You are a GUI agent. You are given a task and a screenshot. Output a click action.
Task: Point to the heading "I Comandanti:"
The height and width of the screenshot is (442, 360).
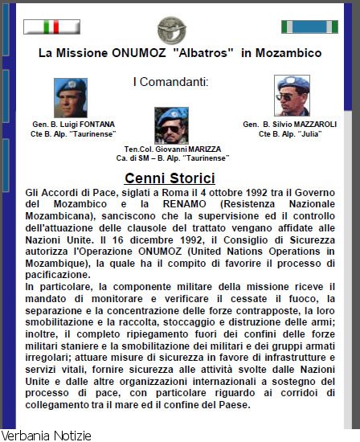pos(170,81)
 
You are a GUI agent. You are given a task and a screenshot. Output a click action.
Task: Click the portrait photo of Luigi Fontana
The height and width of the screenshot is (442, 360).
pos(70,97)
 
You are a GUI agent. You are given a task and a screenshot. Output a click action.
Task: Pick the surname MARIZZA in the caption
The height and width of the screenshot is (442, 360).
pos(199,149)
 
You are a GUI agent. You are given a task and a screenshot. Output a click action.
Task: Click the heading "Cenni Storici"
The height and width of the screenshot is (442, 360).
pos(170,178)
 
